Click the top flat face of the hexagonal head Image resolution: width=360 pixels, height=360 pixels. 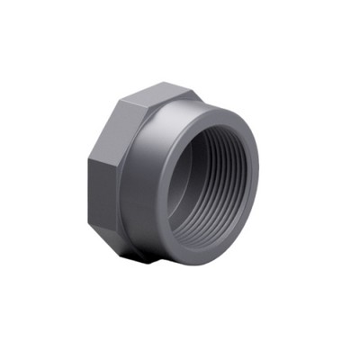pos(166,94)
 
